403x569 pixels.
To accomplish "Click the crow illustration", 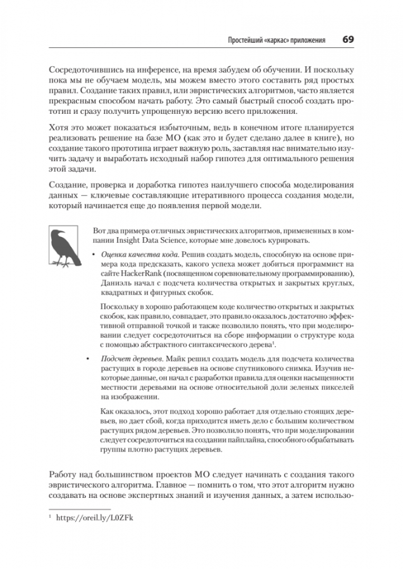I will tap(62, 247).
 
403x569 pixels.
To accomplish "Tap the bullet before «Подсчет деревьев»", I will tap(88, 359).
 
